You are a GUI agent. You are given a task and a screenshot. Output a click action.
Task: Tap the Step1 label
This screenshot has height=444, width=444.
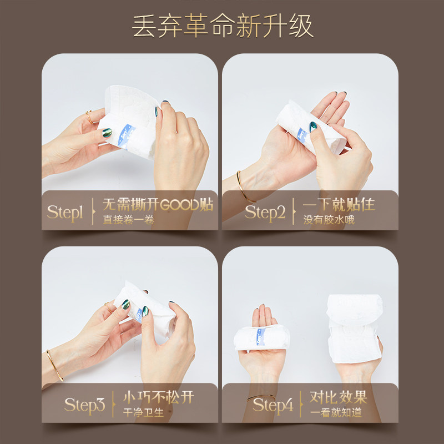click(65, 211)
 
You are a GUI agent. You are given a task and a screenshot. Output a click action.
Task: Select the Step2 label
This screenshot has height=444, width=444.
click(265, 211)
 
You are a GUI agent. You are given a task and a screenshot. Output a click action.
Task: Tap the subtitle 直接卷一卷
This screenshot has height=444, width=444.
click(128, 220)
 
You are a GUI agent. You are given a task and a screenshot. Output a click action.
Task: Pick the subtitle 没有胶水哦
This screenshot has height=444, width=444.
click(329, 220)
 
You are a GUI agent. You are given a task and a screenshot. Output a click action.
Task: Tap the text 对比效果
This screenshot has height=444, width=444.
click(338, 397)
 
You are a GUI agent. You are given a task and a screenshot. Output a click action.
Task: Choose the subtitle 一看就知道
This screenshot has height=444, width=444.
click(337, 412)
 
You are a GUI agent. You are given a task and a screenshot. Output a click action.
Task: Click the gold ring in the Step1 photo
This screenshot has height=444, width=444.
click(89, 117)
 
